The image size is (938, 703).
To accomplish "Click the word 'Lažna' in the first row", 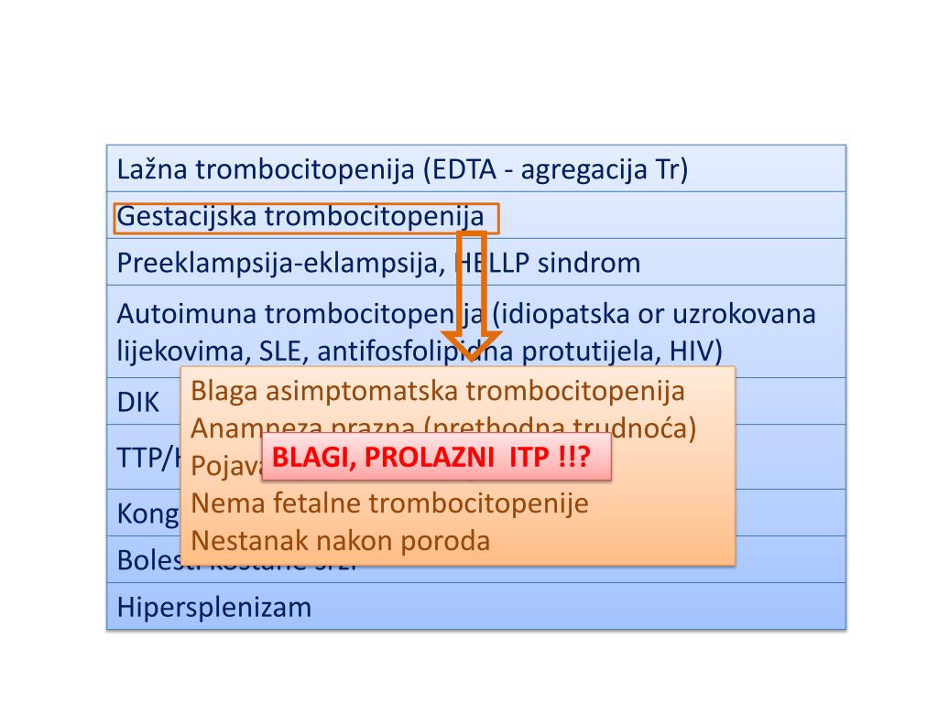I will [x=152, y=169].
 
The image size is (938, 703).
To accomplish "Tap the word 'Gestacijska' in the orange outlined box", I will [x=187, y=217].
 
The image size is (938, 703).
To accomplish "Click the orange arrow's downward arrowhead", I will [x=471, y=345].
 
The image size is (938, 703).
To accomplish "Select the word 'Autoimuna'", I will [x=187, y=314].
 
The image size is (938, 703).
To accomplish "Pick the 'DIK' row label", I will [x=138, y=402].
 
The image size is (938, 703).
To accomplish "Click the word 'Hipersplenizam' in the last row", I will [x=214, y=607].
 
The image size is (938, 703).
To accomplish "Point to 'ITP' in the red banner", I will [x=529, y=458].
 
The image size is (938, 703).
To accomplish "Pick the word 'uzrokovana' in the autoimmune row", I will [x=744, y=314].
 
